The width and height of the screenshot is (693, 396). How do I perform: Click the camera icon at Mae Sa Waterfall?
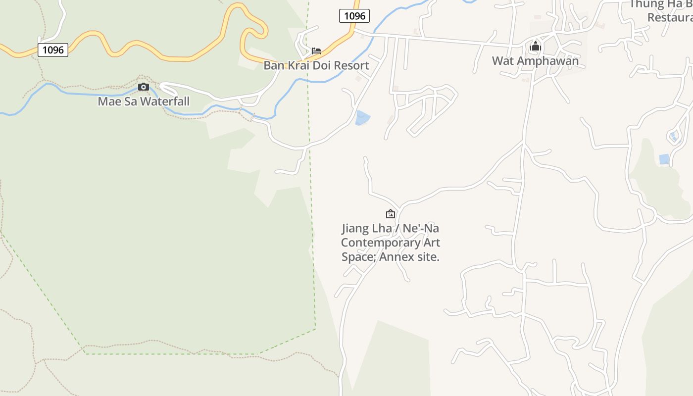point(144,87)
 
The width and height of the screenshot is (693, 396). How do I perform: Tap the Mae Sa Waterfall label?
point(144,101)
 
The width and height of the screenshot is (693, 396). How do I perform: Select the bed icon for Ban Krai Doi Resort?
point(316,50)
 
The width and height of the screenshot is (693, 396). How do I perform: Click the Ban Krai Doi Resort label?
point(316,65)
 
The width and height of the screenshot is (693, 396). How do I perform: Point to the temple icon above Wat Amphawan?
point(535,47)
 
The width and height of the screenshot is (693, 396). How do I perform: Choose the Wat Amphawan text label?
point(535,61)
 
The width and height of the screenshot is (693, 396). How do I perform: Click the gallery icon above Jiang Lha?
point(391,214)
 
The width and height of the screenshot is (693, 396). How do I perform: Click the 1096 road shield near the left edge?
point(53,49)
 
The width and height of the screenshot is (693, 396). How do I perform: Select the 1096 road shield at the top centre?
point(354,16)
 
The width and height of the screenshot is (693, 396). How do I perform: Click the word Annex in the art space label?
point(397,257)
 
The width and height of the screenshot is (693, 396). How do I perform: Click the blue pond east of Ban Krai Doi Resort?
point(362,118)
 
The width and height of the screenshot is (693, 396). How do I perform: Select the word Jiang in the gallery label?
point(355,228)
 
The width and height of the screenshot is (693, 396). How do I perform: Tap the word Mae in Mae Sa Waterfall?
point(108,101)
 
